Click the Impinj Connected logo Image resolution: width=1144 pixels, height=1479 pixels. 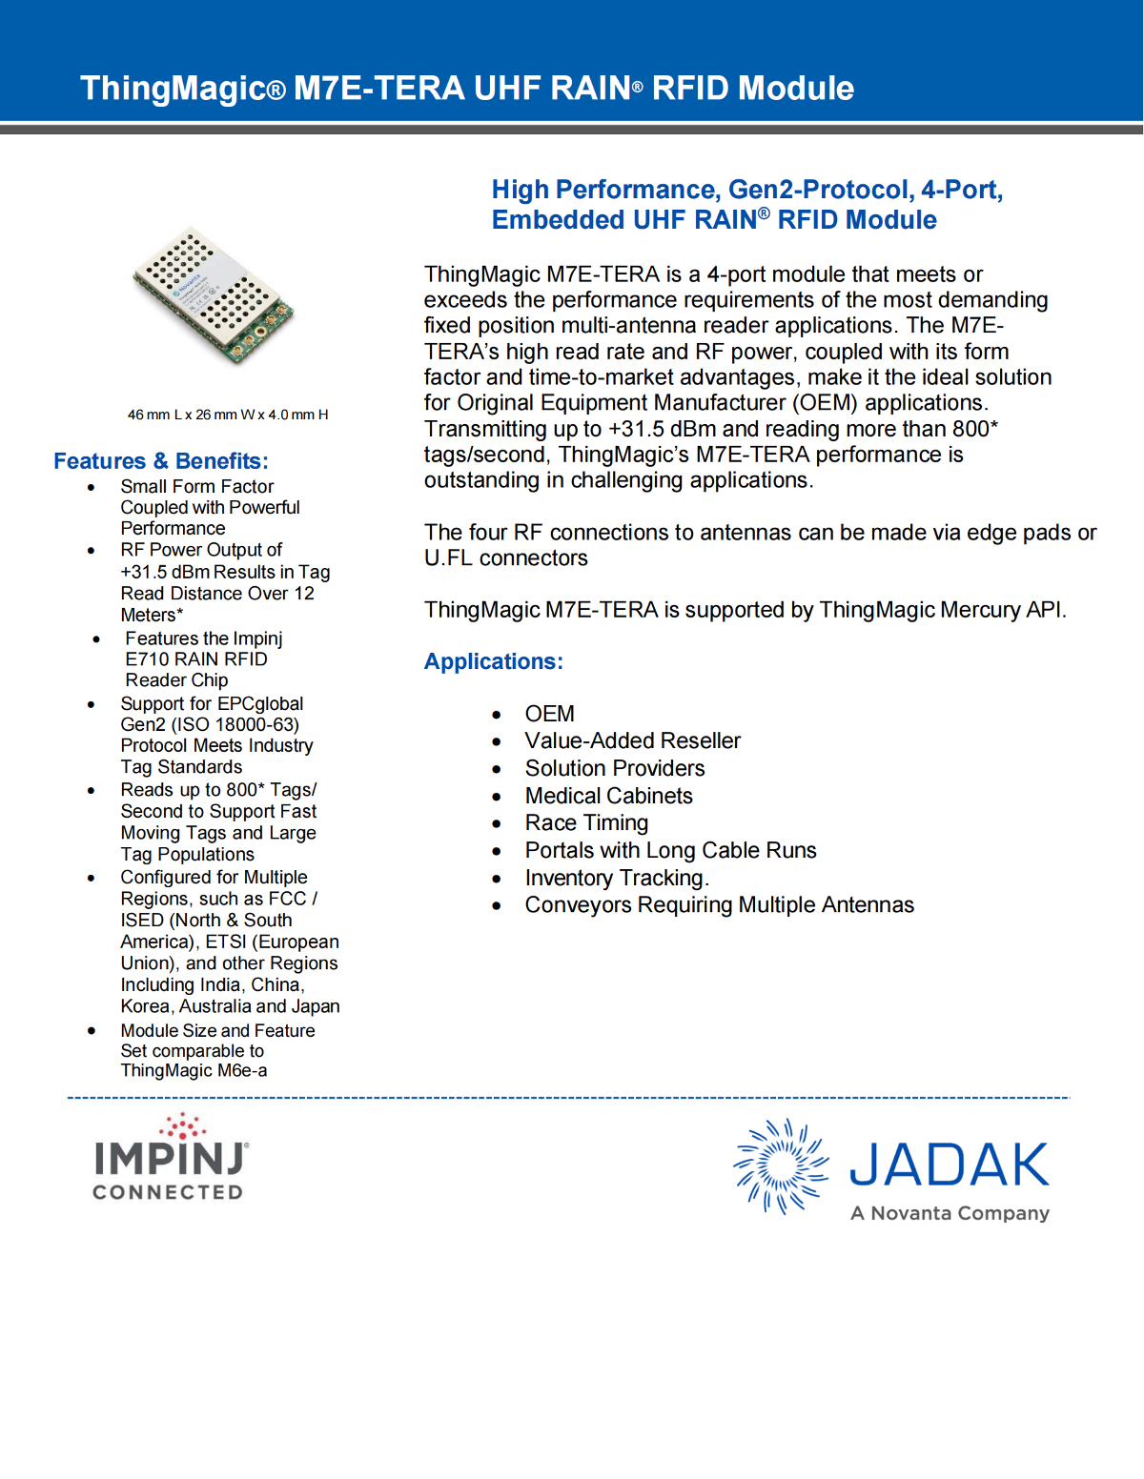click(x=170, y=1157)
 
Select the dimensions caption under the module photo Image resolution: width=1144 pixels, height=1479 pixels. click(x=228, y=415)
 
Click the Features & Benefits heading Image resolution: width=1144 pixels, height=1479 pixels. click(x=161, y=461)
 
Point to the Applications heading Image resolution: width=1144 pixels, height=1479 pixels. click(x=493, y=661)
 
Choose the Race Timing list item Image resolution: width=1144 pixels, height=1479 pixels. click(x=586, y=822)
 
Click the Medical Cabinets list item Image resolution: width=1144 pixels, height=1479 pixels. click(x=608, y=796)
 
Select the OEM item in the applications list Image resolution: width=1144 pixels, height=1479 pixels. click(x=549, y=714)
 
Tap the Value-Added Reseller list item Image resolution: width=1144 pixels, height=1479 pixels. click(x=632, y=740)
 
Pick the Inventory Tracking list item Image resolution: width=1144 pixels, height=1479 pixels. click(x=616, y=878)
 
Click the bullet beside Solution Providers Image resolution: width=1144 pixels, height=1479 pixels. click(x=497, y=769)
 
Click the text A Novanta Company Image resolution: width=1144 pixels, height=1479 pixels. click(x=950, y=1213)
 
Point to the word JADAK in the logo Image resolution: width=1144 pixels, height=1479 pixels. click(x=949, y=1165)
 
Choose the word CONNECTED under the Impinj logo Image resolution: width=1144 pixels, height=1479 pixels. click(x=168, y=1192)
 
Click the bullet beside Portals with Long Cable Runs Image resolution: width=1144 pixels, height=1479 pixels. click(x=497, y=851)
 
